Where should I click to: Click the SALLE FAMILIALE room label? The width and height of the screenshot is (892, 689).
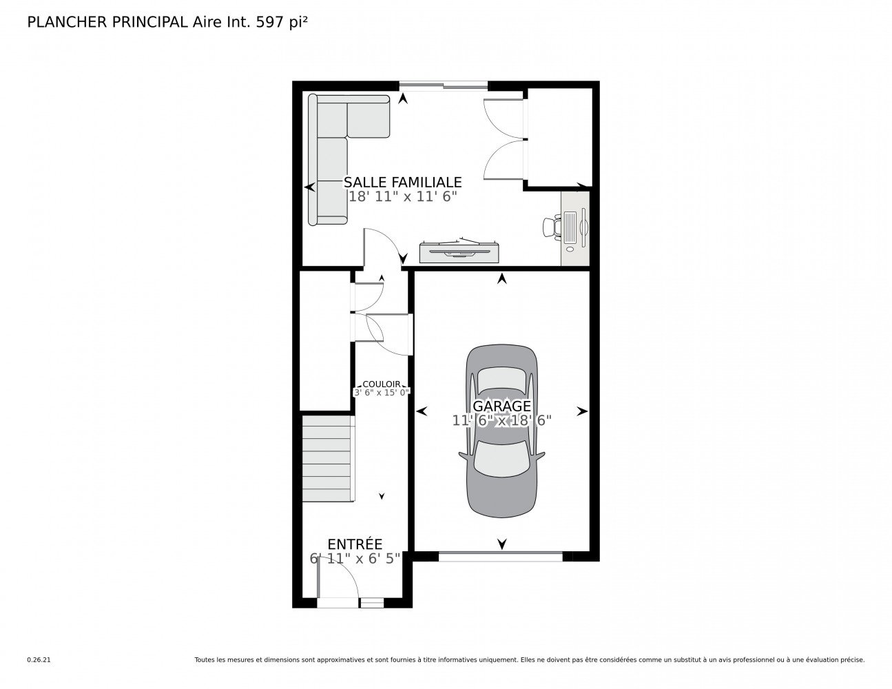click(402, 182)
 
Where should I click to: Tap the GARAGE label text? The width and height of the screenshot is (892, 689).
click(501, 406)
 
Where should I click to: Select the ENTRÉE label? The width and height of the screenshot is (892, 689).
click(355, 544)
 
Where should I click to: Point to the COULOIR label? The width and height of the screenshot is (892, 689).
click(382, 384)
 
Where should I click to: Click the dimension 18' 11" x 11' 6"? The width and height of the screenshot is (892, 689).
click(402, 196)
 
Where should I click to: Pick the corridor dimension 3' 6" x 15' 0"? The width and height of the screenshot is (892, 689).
click(382, 393)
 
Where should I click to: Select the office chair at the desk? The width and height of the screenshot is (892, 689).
click(552, 227)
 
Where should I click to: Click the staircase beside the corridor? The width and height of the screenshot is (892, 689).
click(328, 458)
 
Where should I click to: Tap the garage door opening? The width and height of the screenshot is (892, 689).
click(500, 557)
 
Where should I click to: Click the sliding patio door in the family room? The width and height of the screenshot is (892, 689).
click(444, 85)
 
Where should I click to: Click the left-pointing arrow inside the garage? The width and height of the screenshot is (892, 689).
click(422, 411)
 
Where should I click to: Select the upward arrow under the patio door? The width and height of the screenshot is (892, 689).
click(403, 98)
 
